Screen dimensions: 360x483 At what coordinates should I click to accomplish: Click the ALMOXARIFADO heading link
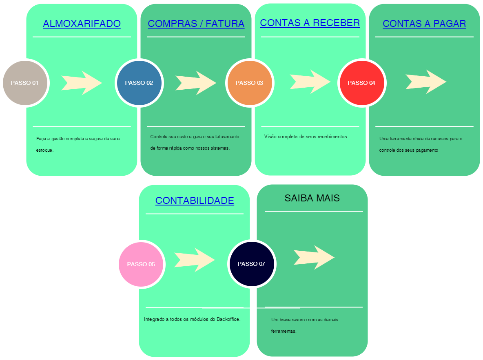(x=82, y=24)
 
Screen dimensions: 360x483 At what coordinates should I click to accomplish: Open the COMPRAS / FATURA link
(x=196, y=24)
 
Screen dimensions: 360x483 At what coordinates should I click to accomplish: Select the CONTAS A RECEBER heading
(x=310, y=23)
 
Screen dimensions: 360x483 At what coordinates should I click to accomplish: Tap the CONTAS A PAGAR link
(x=424, y=24)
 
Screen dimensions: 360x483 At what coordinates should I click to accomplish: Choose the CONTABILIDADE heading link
(x=195, y=201)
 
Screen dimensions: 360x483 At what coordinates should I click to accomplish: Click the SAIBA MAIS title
(x=312, y=198)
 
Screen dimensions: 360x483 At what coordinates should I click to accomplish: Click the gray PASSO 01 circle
(x=25, y=83)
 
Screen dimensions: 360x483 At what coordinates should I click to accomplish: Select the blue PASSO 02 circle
(x=139, y=83)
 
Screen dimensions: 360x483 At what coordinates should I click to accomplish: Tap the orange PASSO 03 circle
(x=249, y=83)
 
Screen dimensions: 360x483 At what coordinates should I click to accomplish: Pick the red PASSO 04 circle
(x=361, y=83)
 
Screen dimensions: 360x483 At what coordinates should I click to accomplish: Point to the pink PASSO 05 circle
(x=141, y=264)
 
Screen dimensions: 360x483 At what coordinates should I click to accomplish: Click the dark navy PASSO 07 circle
(x=251, y=264)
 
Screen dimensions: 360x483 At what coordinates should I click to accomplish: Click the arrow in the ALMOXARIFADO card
(x=82, y=83)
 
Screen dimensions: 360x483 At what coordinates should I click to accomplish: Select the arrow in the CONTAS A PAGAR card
(x=426, y=82)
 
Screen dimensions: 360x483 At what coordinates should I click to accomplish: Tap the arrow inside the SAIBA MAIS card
(x=314, y=257)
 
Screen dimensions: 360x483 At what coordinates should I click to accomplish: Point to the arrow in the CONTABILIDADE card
(x=195, y=259)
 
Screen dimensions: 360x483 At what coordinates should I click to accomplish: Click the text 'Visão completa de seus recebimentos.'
(x=306, y=137)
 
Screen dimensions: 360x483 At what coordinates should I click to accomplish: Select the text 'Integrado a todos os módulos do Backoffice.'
(x=192, y=319)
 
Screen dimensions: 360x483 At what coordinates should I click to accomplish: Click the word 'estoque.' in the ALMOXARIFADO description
(x=45, y=150)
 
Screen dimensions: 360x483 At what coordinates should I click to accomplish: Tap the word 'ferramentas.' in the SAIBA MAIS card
(x=284, y=331)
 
